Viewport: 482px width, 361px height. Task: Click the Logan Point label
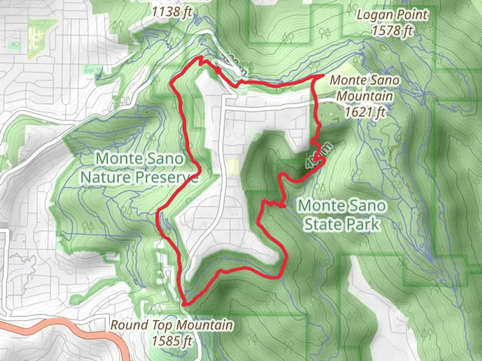click(392, 15)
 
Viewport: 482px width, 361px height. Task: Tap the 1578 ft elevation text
click(392, 31)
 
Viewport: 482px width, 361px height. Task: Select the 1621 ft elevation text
click(365, 112)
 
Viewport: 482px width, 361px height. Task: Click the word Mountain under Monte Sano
click(365, 96)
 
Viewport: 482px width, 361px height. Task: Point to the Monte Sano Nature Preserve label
click(139, 168)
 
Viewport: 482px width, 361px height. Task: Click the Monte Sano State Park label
click(342, 215)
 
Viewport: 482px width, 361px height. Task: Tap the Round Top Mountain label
click(171, 325)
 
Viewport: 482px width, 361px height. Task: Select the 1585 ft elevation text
click(172, 341)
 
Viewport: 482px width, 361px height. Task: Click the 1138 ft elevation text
click(172, 12)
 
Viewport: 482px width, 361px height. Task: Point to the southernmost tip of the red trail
click(185, 304)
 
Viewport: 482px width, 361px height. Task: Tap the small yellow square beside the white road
click(232, 166)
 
